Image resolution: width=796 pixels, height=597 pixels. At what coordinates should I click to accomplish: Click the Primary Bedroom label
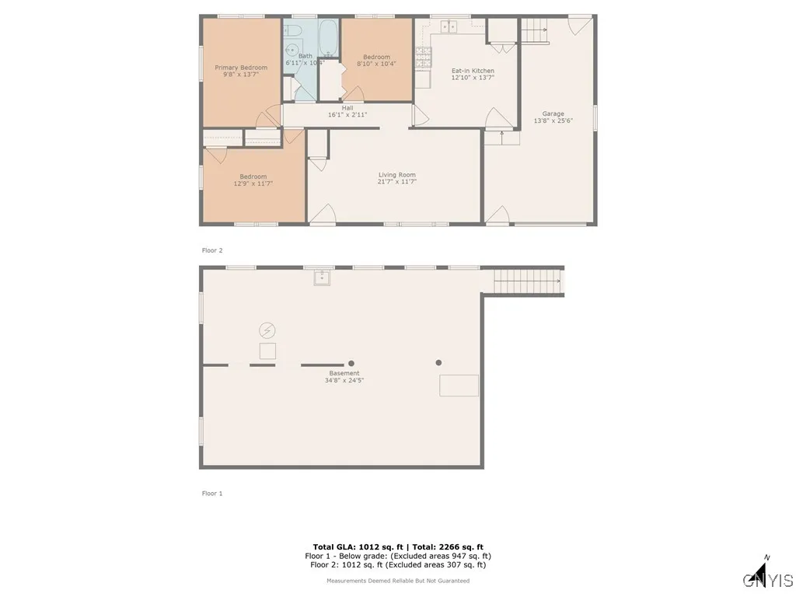coord(241,68)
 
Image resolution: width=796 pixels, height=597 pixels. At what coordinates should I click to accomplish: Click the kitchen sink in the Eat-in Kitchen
coord(449,27)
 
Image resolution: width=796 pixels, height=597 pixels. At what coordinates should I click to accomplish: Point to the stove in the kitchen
coord(424,55)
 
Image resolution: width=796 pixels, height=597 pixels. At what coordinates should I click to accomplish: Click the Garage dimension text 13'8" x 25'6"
coord(553,120)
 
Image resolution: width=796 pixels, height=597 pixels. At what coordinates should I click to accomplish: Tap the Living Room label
coord(396,175)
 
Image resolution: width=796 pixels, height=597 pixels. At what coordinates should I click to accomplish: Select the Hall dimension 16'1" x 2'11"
coord(347,114)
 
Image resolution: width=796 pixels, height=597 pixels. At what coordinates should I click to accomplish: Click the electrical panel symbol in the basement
coord(267,330)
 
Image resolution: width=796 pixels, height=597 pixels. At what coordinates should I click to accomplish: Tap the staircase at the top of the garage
coord(535,32)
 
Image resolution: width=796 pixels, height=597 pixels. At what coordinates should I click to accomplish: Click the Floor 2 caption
coord(212,250)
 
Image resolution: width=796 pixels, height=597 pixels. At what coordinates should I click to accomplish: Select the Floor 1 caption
coord(212,494)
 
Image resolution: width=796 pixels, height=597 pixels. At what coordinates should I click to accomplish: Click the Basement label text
coord(344,373)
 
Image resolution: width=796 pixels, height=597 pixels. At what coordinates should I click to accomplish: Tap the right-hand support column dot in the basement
coord(438,362)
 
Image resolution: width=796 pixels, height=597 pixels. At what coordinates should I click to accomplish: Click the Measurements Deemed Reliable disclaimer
coord(397,581)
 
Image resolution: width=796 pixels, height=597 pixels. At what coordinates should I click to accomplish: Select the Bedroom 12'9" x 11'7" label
coord(253,180)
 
